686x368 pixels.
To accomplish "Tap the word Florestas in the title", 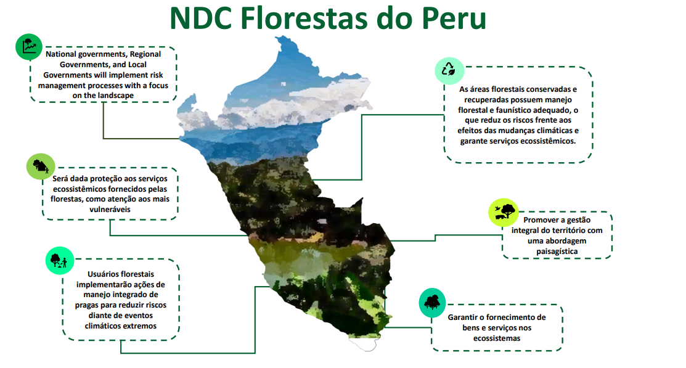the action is pos(303,18).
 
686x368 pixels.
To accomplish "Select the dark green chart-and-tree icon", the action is pos(29,46).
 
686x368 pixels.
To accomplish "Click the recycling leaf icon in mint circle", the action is pos(449,70).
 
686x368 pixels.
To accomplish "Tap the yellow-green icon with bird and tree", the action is pos(503,212).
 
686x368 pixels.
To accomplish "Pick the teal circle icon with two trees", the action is pos(432,303).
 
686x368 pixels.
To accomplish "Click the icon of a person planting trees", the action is pos(60,261).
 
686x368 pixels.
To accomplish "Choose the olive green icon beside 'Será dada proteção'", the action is pos(41,166).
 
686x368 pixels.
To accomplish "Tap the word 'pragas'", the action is pos(88,305).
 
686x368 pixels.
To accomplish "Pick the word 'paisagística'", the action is pos(557,251).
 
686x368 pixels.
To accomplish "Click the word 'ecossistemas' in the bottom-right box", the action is pos(497,338).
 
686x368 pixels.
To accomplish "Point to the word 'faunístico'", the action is pos(514,110).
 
